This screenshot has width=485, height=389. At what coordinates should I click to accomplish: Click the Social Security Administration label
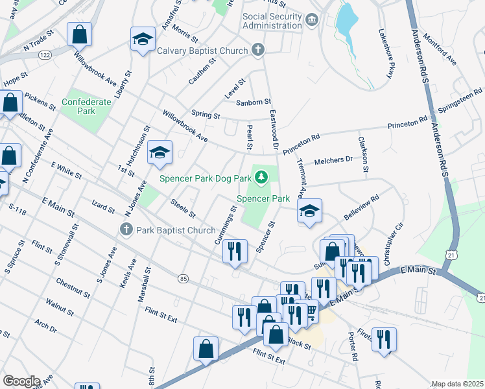tap(272, 21)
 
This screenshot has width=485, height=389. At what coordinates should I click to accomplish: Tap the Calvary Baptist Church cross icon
tap(257, 50)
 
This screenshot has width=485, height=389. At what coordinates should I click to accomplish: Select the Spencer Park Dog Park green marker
tap(261, 176)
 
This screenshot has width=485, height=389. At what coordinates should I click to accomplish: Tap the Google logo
tap(21, 381)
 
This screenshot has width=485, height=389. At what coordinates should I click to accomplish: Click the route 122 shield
tap(45, 56)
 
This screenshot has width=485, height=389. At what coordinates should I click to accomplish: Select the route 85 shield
tap(184, 279)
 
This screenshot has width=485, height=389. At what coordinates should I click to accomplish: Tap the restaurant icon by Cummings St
tap(235, 251)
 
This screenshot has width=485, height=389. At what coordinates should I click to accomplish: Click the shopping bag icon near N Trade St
tap(80, 35)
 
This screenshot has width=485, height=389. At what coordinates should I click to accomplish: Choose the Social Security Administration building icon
tap(313, 21)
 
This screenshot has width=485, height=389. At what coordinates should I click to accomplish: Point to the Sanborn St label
tap(253, 102)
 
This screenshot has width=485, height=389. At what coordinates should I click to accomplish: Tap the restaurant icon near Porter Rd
tap(384, 338)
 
